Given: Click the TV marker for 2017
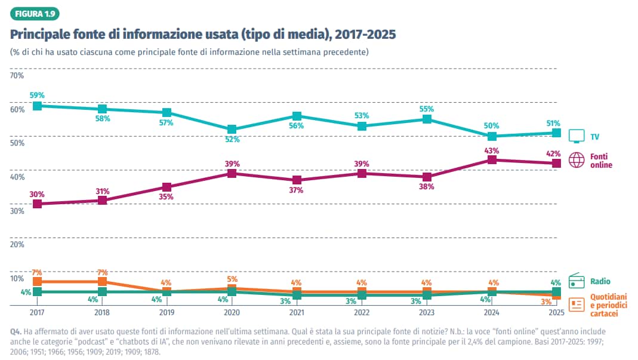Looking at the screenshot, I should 37,106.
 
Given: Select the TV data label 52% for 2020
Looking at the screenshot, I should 232,139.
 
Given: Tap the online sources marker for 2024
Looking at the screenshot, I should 491,159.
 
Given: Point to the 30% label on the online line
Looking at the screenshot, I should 37,194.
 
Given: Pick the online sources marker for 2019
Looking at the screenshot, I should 167,187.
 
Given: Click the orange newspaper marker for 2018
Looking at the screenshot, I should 102,281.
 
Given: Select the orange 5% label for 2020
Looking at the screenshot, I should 232,279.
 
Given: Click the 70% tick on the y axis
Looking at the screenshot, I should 17,75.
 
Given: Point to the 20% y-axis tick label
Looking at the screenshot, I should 17,244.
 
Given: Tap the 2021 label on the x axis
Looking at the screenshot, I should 297,312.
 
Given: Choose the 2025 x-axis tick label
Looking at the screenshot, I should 556,312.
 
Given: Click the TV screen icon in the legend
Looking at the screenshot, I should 577,136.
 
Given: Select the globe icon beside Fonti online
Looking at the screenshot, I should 577,160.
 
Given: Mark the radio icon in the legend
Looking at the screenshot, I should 577,281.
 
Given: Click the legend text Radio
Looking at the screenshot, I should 600,281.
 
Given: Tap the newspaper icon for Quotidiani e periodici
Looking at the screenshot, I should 577,304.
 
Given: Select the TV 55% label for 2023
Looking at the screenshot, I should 427,109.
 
